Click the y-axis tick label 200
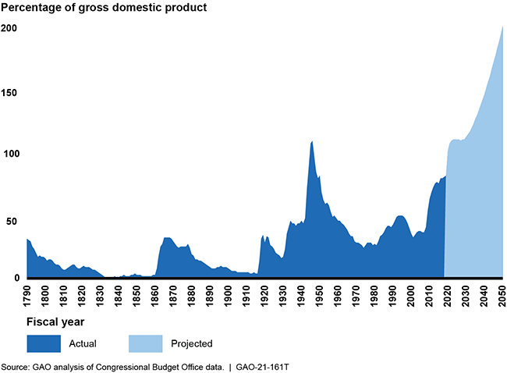(9, 29)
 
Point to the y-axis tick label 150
(9, 93)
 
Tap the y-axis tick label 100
(9, 155)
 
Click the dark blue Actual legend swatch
(44, 343)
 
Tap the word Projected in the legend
(191, 343)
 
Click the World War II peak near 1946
(311, 142)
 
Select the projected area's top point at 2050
(502, 27)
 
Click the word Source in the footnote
(16, 365)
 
